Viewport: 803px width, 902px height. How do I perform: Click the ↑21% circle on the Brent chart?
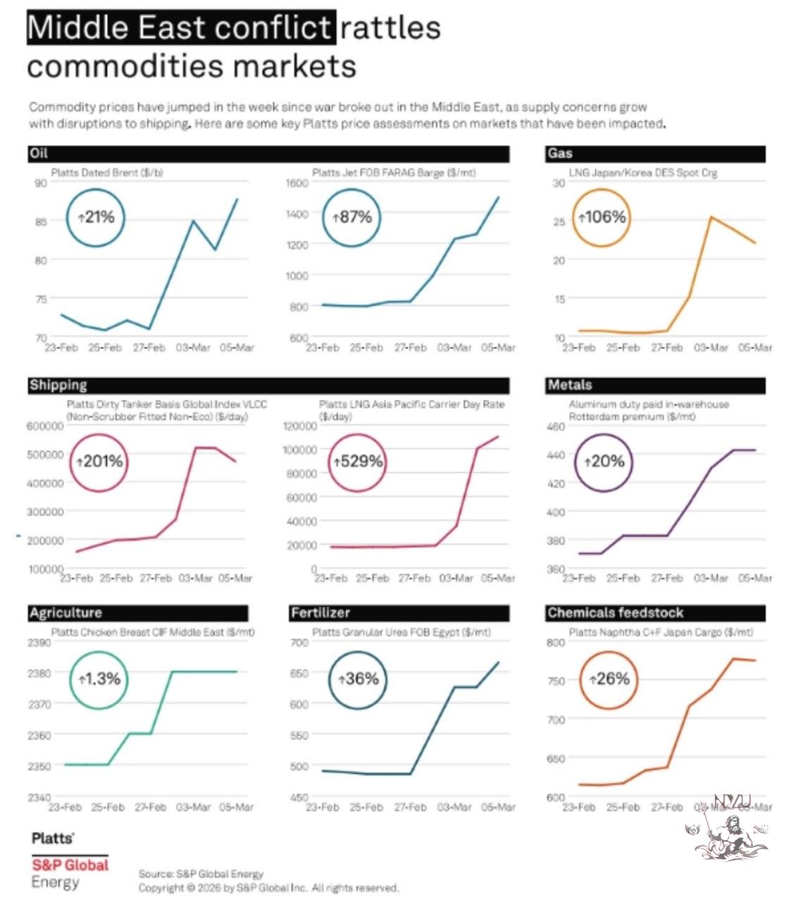(96, 218)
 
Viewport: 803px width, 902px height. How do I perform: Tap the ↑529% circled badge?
(358, 462)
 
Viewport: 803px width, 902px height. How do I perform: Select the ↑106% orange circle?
(602, 218)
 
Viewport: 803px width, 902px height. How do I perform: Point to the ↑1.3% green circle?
(99, 679)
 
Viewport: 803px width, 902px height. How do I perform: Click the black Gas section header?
(655, 154)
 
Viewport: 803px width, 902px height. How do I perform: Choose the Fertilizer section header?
(399, 612)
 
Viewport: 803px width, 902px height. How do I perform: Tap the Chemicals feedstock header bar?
(655, 612)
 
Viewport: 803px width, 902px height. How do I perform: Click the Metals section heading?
(655, 385)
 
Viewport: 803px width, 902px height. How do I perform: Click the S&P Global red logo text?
(70, 865)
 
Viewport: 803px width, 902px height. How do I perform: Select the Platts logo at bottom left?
(53, 838)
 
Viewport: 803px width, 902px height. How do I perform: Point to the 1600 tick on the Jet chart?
(297, 183)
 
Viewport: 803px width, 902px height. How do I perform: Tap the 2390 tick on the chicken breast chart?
(39, 643)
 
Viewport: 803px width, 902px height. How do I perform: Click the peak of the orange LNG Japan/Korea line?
(711, 217)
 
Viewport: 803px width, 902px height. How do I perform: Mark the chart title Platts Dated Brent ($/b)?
(107, 173)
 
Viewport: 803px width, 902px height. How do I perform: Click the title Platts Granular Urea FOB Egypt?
(401, 632)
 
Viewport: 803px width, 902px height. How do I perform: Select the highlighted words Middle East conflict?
(180, 28)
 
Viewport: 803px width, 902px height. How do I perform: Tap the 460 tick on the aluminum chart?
(556, 426)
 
